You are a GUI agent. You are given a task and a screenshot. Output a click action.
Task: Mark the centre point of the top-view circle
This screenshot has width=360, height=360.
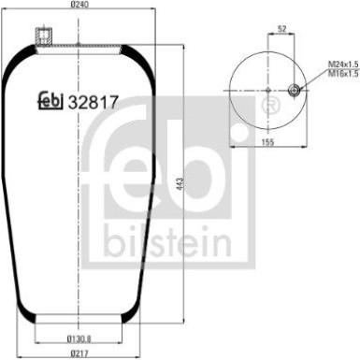click(x=267, y=91)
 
